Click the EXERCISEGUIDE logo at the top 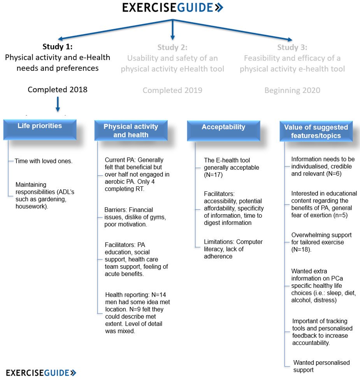[x=172, y=8]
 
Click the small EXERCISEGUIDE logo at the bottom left [x=41, y=373]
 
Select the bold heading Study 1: [x=58, y=47]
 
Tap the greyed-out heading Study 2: [x=172, y=47]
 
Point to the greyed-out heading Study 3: [x=292, y=47]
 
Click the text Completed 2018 [x=58, y=89]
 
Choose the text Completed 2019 [x=172, y=90]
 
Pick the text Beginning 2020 [x=292, y=90]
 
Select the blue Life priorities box [x=40, y=130]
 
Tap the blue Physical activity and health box [x=131, y=131]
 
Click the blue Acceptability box [x=223, y=130]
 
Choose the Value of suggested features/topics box [x=316, y=131]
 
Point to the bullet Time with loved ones [x=44, y=161]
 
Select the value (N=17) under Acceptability [x=213, y=175]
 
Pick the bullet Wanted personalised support [x=321, y=366]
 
